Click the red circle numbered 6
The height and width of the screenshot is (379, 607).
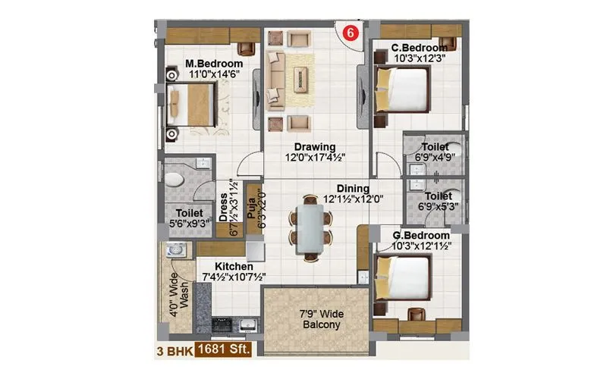350,33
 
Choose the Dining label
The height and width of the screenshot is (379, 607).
354,189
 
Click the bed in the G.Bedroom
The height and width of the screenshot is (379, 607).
403,277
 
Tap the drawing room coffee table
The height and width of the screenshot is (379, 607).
302,75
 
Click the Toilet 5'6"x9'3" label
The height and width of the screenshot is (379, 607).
189,218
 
